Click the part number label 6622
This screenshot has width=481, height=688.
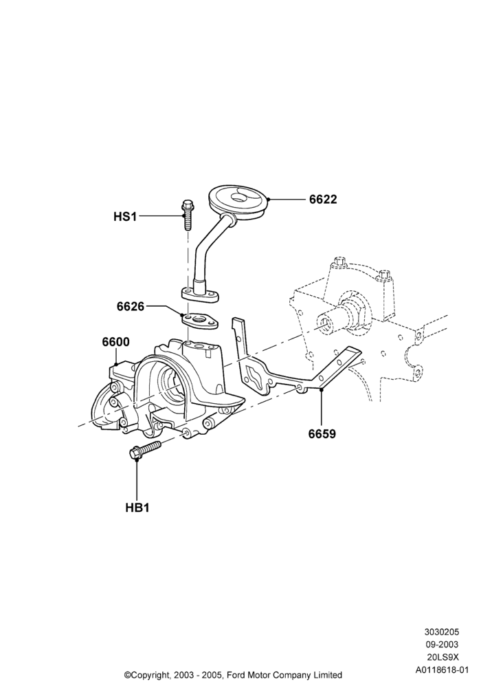pyautogui.click(x=323, y=200)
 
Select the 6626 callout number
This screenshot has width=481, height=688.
pyautogui.click(x=130, y=306)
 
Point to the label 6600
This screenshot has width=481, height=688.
pyautogui.click(x=116, y=341)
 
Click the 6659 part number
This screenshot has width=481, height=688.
pyautogui.click(x=322, y=434)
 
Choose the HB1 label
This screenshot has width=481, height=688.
pyautogui.click(x=137, y=508)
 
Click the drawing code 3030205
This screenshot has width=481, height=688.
pyautogui.click(x=441, y=632)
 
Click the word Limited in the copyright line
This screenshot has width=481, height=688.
pyautogui.click(x=327, y=675)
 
